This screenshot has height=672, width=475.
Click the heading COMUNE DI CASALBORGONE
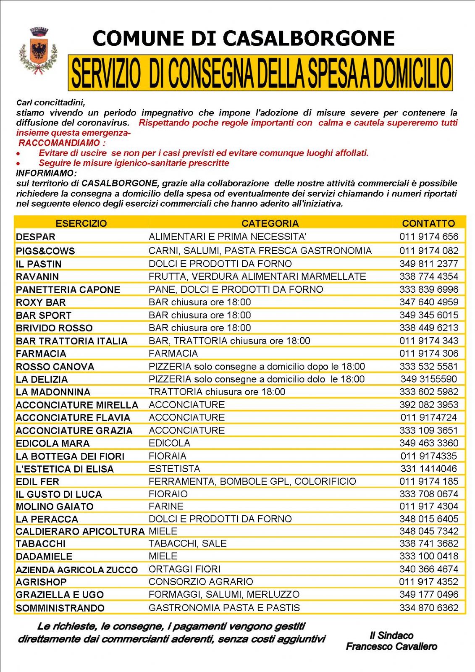pyautogui.click(x=243, y=38)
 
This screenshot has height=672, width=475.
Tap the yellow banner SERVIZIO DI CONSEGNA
pyautogui.click(x=260, y=73)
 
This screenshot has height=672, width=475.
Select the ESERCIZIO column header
pyautogui.click(x=81, y=223)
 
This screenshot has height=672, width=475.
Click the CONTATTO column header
pyautogui.click(x=428, y=223)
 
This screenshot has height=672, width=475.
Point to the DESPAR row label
pyautogui.click(x=36, y=237)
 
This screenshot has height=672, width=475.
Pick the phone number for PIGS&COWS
pyautogui.click(x=429, y=251)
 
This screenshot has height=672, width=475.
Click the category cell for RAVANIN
pyautogui.click(x=257, y=276)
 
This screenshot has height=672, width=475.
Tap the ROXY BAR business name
pyautogui.click(x=41, y=302)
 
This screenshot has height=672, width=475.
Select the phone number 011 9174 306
pyautogui.click(x=429, y=353)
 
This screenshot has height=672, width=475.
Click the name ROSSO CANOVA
pyautogui.click(x=55, y=367)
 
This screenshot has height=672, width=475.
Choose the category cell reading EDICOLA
pyautogui.click(x=169, y=443)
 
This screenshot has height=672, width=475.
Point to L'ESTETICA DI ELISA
pyautogui.click(x=65, y=469)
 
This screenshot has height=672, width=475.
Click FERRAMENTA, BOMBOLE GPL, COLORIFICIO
pyautogui.click(x=252, y=481)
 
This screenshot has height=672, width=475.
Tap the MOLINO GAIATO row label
pyautogui.click(x=55, y=507)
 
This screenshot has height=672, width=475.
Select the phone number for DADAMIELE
pyautogui.click(x=429, y=556)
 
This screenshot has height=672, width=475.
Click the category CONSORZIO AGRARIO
pyautogui.click(x=201, y=582)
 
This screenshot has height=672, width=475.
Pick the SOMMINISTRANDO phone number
pyautogui.click(x=429, y=608)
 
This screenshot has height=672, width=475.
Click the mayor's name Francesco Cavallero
pyautogui.click(x=391, y=646)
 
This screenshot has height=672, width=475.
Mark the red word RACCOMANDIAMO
pyautogui.click(x=59, y=143)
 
